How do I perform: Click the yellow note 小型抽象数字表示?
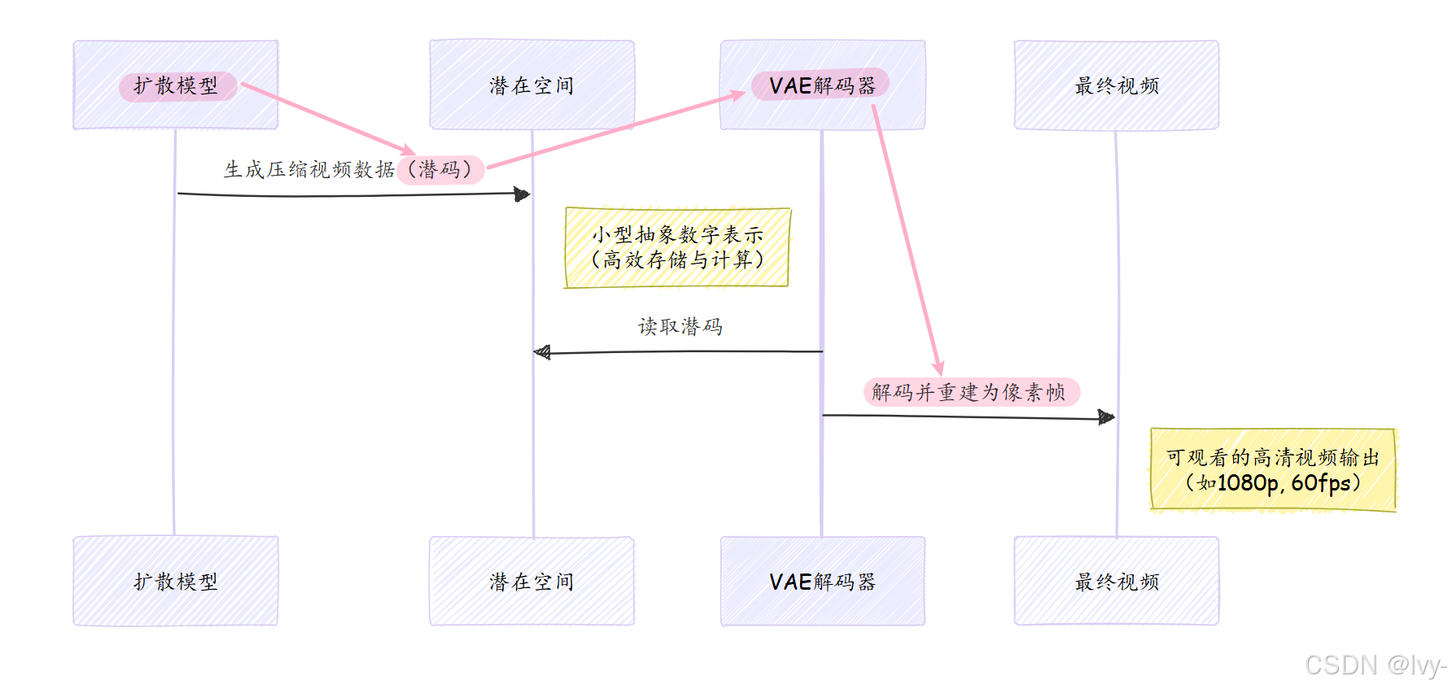tap(677, 247)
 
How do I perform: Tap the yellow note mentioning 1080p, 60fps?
tap(1273, 470)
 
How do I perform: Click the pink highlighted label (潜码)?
tap(440, 169)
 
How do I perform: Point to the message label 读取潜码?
tap(680, 326)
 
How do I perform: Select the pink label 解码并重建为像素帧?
tap(970, 392)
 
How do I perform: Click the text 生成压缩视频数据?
tap(309, 169)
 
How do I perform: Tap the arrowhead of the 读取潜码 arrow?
tap(541, 352)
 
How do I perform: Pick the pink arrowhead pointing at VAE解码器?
tap(737, 95)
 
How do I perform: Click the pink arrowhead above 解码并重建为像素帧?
tap(938, 368)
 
